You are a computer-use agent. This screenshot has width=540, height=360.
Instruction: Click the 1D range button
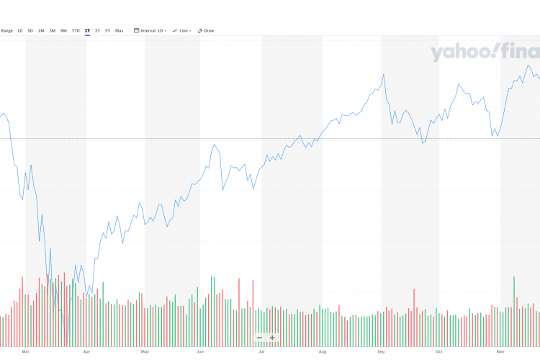20,30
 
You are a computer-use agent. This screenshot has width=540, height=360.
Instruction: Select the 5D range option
30,30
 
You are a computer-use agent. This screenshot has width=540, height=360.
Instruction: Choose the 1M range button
41,30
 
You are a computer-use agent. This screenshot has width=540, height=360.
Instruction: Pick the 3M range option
53,30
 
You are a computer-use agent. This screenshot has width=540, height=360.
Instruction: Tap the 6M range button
63,30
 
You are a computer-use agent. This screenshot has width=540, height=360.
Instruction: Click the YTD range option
76,30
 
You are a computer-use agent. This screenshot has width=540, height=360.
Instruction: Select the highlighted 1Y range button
87,30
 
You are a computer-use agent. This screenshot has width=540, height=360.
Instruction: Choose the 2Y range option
98,30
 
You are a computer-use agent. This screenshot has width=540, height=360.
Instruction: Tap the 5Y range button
108,30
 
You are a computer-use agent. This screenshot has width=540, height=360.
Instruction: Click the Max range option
119,30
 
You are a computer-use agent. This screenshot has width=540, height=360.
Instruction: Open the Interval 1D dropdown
150,30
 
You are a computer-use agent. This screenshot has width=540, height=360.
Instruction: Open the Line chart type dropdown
182,30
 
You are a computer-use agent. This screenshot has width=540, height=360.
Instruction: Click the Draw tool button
207,30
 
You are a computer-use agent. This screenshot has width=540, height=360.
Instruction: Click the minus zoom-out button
259,338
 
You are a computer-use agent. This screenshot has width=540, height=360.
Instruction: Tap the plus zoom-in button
272,338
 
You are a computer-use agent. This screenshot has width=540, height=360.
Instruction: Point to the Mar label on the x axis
26,351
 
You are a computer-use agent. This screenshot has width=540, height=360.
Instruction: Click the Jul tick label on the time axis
262,351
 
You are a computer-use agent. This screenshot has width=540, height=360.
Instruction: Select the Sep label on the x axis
381,351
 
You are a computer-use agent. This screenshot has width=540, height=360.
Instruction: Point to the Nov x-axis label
500,351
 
